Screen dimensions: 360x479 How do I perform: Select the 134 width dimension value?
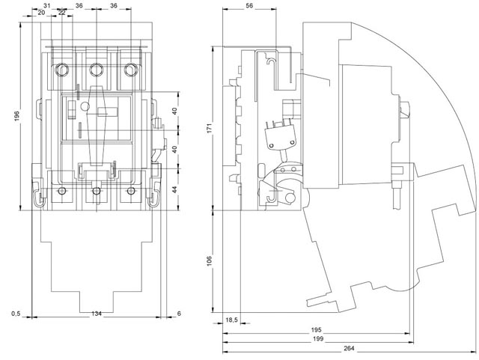coord(96,313)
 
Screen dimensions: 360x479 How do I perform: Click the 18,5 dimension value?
coord(232,320)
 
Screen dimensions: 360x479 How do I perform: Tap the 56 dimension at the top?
coord(249,5)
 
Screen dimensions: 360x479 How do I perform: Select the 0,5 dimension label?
coord(16,313)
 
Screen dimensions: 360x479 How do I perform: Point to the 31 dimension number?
coord(46,5)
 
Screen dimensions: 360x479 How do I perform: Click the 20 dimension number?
coord(40,13)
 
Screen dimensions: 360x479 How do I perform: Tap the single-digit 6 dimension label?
coord(179,313)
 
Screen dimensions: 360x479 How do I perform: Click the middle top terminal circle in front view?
coord(96,70)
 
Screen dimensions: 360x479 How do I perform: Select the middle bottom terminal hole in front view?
coord(96,192)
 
